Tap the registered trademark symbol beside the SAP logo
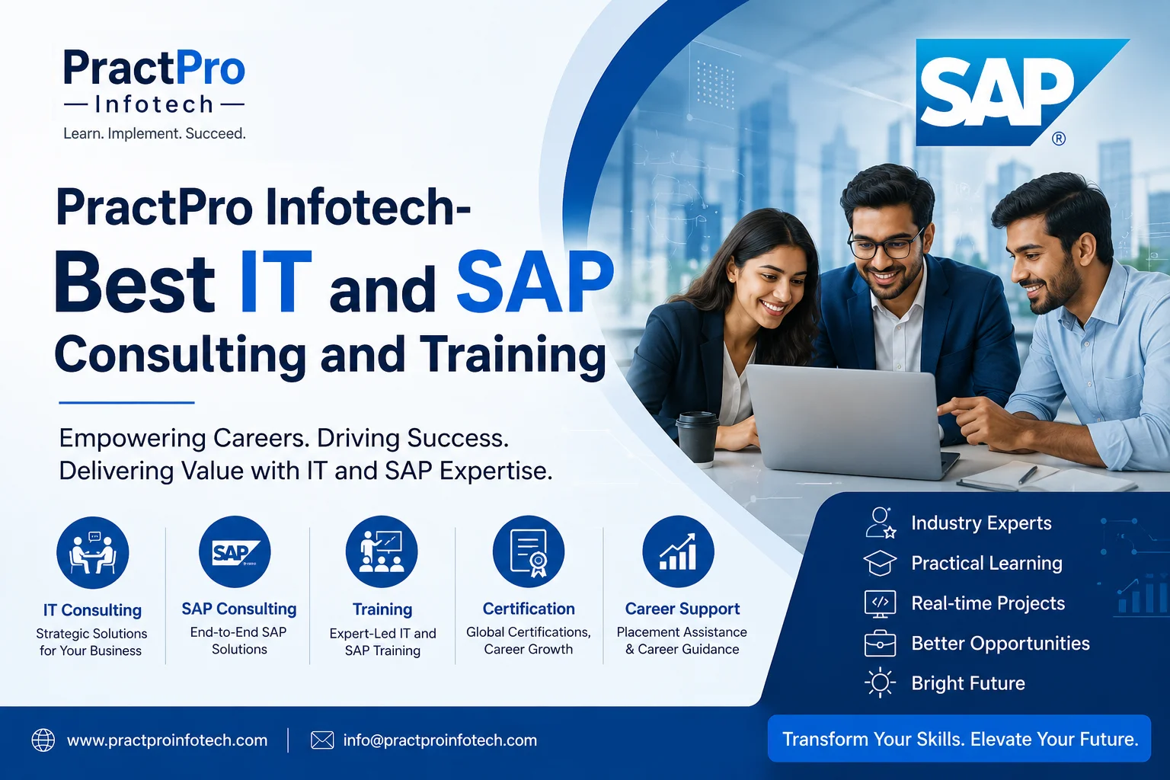[x=1059, y=139]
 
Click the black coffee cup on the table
[x=698, y=438]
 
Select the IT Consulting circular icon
[x=92, y=553]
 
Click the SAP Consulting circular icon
[x=235, y=551]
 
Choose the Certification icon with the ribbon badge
[x=529, y=551]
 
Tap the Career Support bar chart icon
[x=678, y=551]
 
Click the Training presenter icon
[x=382, y=551]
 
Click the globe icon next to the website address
[x=43, y=740]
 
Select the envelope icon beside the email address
[x=322, y=740]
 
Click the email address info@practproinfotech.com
[x=440, y=740]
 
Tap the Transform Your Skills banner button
[x=960, y=739]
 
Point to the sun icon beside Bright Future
[x=880, y=682]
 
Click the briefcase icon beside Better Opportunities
[x=880, y=643]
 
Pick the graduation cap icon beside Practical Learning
[x=880, y=563]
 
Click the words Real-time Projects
[x=988, y=603]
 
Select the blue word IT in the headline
[x=275, y=283]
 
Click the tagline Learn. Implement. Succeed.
[x=155, y=134]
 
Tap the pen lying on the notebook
[x=1028, y=475]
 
